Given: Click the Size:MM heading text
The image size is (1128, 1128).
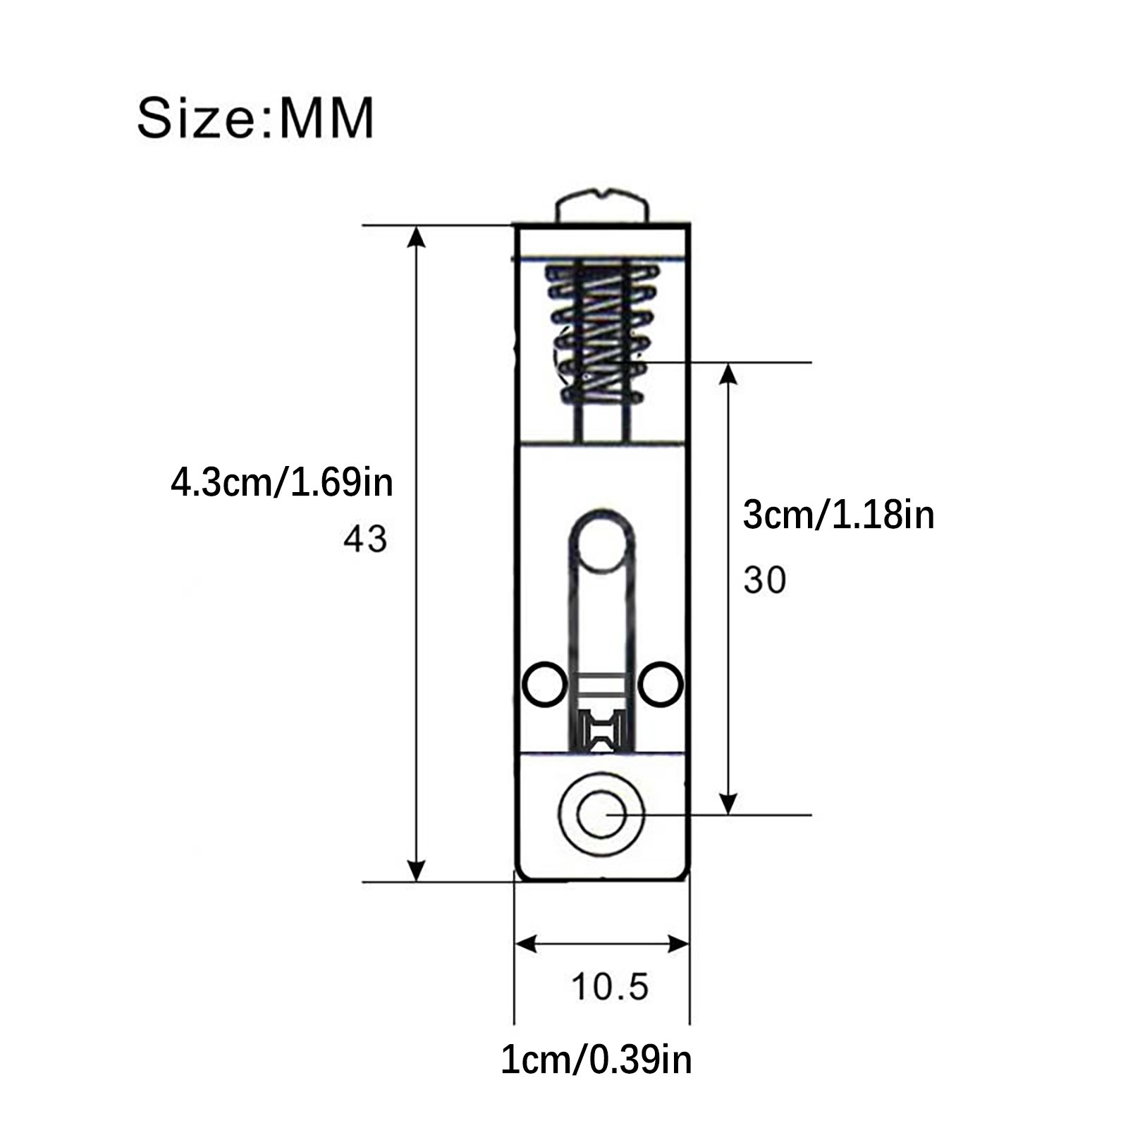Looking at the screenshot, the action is click(x=255, y=118).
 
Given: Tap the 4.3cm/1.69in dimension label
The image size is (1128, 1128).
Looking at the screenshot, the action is click(x=282, y=483).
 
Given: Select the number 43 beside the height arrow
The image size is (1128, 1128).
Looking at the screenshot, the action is click(x=365, y=539).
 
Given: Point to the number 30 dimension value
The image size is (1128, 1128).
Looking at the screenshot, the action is click(x=765, y=581).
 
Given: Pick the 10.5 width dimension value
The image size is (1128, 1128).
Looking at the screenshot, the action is click(x=610, y=986).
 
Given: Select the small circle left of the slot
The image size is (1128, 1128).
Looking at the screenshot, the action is click(x=544, y=683).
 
